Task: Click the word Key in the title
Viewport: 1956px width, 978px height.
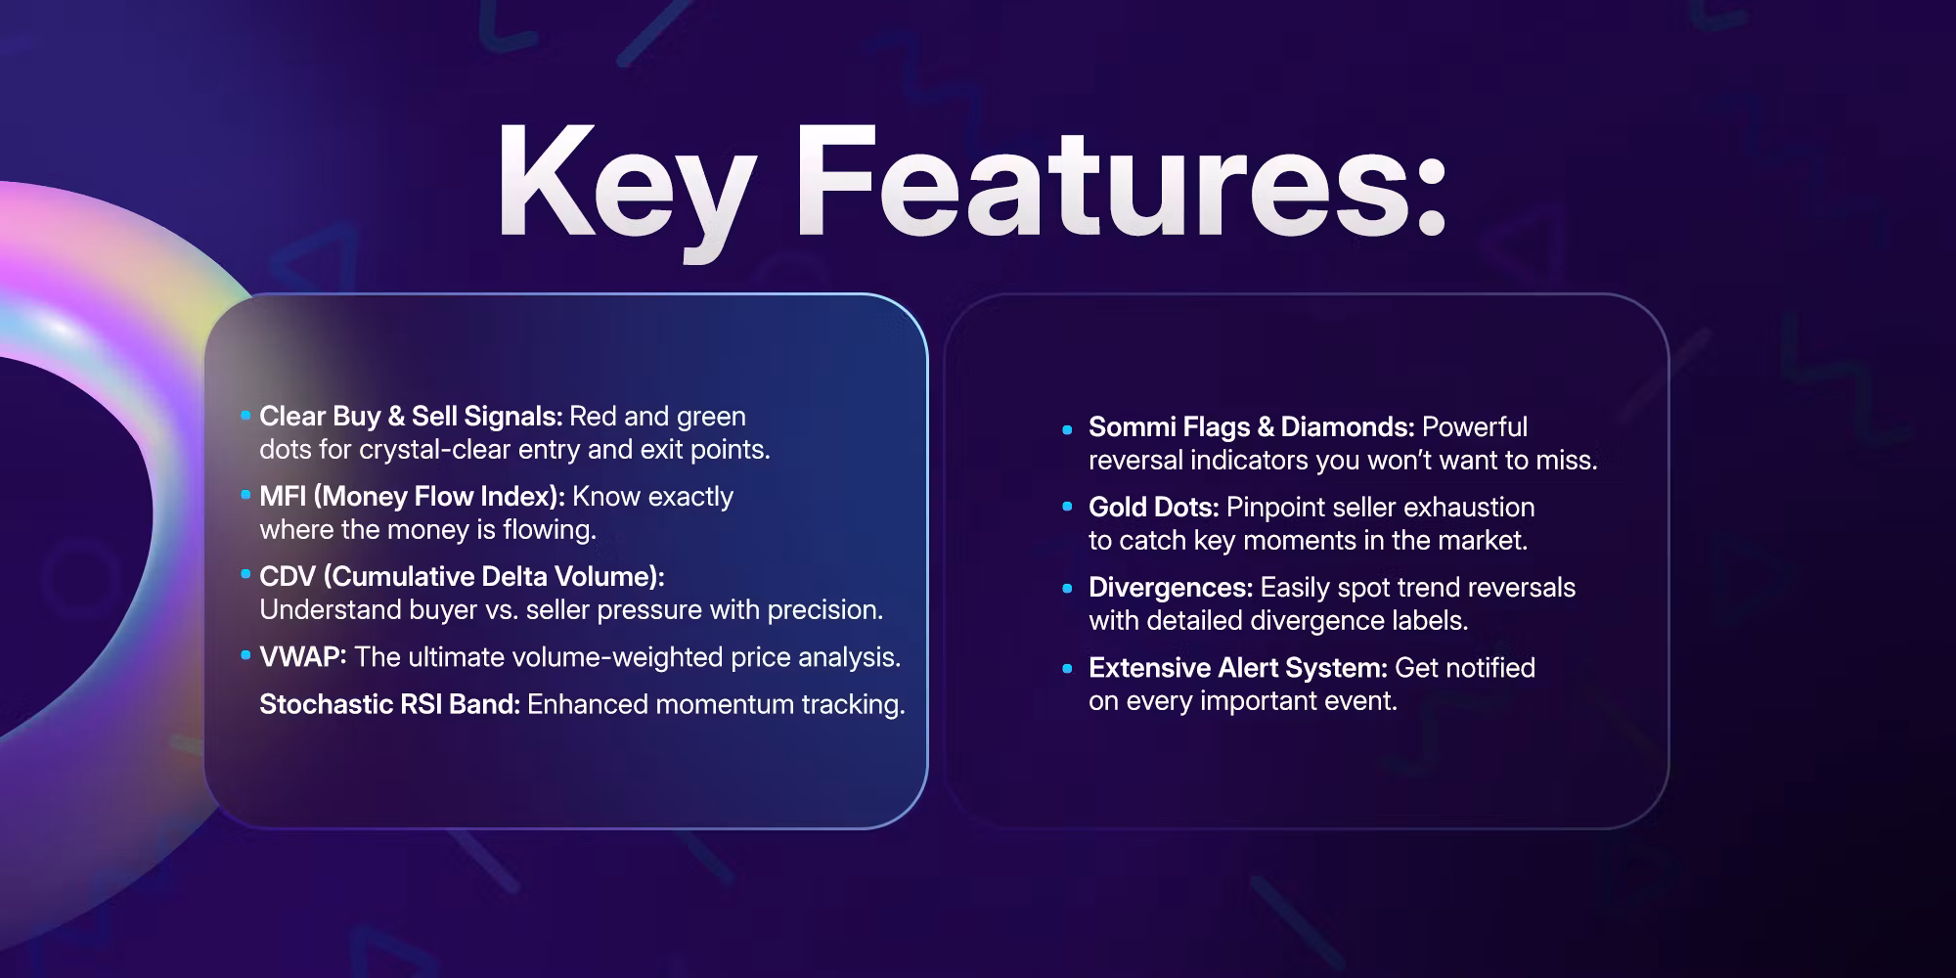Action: coord(626,186)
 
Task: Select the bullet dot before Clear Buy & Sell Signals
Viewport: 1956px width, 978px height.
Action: coord(245,416)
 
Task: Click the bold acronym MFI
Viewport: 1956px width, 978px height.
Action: coord(283,496)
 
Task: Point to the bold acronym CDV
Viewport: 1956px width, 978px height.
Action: coord(288,576)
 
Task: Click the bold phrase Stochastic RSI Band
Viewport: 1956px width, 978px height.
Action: coord(389,704)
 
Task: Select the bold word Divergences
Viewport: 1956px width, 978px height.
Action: coord(1171,588)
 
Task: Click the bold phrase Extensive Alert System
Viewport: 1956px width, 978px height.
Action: coord(1238,668)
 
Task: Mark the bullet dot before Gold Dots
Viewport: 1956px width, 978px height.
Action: coord(1068,508)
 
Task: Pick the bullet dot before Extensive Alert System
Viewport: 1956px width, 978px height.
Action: coord(1068,669)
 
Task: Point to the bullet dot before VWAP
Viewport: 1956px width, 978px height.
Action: coord(245,655)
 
